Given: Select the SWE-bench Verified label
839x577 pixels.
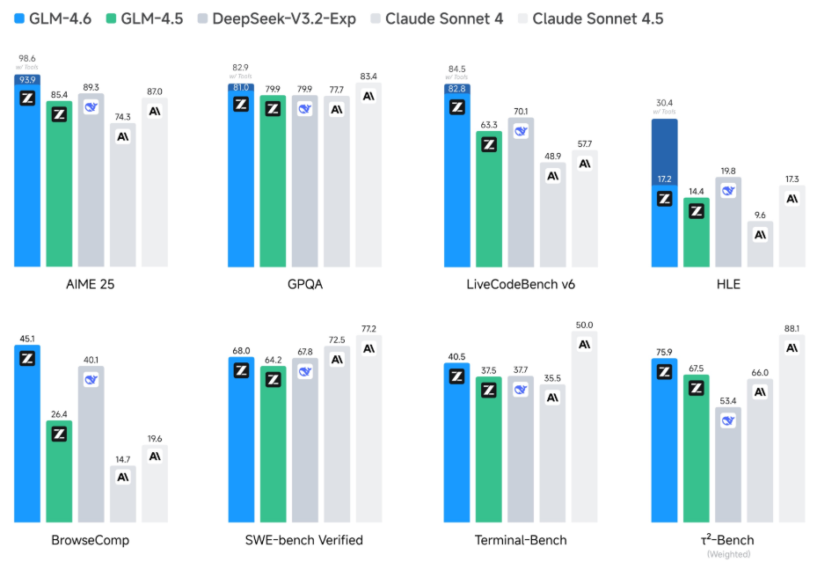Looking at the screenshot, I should coord(305,539).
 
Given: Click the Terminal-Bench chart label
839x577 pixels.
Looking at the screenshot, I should coord(521,539).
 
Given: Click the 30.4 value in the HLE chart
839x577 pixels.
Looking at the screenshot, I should coord(664,101).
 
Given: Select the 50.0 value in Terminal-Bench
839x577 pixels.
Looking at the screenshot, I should coord(585,325).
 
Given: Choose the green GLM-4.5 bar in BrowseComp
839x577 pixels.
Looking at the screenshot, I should coord(59,471).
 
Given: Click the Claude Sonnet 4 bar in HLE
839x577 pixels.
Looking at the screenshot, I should coord(761,245).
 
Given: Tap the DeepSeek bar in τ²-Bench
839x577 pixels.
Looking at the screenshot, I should coord(728,464).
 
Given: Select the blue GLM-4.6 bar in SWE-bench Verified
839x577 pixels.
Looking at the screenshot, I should coord(241,440).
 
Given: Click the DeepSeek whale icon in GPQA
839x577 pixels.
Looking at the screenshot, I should coord(304,109).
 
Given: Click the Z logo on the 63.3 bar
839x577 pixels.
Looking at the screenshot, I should coord(489,144).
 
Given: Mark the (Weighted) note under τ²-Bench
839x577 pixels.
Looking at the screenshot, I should coord(727,554).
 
